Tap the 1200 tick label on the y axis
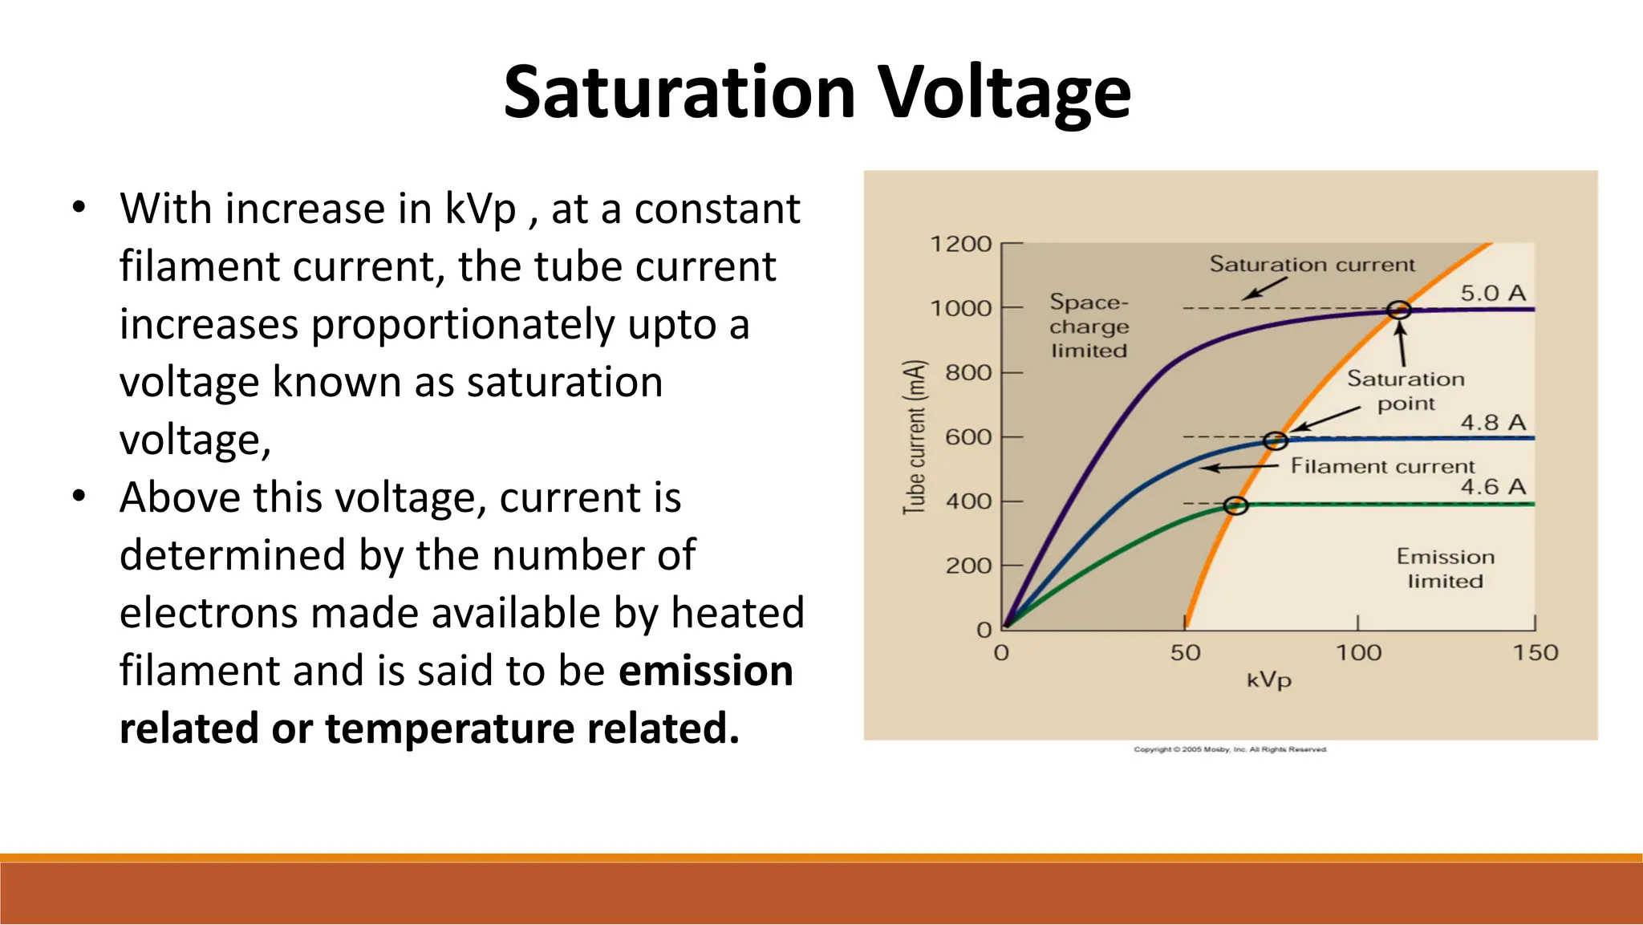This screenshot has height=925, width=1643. (x=960, y=244)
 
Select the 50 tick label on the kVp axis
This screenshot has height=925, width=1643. (x=1185, y=653)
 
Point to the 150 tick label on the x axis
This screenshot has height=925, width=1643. (x=1535, y=653)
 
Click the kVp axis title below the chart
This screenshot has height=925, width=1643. (x=1268, y=681)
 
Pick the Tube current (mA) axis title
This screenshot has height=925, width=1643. (x=915, y=437)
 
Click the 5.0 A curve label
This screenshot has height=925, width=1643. (x=1492, y=293)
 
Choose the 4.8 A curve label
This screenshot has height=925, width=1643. (x=1492, y=422)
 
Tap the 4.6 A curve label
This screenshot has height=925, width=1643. (x=1492, y=486)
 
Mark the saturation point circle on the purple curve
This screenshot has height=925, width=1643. (x=1398, y=310)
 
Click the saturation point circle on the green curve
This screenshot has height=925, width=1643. (x=1236, y=505)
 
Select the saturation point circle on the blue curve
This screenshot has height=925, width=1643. (x=1275, y=440)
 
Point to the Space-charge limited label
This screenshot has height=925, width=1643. (x=1089, y=327)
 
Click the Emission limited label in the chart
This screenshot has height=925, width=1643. (x=1445, y=568)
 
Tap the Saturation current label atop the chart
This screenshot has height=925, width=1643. (x=1312, y=265)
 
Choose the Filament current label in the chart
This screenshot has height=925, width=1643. (x=1381, y=466)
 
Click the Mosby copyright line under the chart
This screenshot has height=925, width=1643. (x=1230, y=749)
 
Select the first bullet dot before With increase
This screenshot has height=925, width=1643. (x=78, y=208)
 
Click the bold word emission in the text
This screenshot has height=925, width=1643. (x=705, y=671)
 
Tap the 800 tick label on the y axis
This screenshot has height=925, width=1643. (x=968, y=373)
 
